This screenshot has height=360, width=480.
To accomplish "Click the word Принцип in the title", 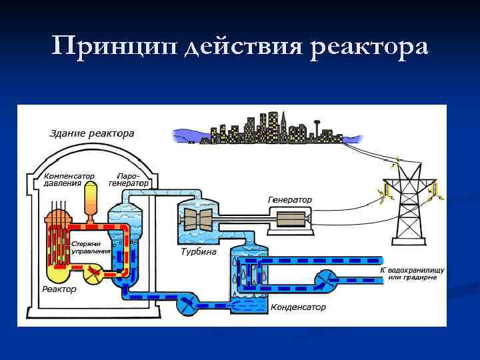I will point(113,47).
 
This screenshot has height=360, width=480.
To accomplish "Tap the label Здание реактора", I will point(93,133).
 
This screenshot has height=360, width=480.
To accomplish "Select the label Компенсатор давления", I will point(69,179).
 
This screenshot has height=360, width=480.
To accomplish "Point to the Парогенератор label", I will point(129,179).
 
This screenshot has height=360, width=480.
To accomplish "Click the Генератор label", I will point(289,199).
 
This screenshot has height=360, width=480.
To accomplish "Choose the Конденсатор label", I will point(298,307).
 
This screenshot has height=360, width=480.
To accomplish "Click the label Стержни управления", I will point(91,247).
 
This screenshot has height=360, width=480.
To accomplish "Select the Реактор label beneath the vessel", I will point(59,289).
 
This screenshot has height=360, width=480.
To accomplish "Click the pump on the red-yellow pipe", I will point(92,272).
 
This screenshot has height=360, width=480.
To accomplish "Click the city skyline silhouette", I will point(267,128).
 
